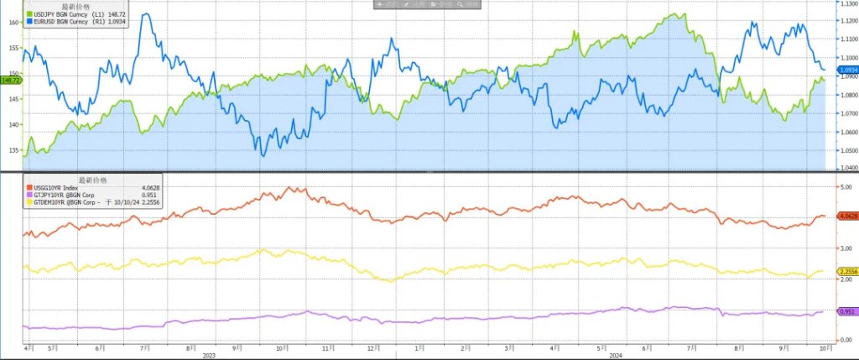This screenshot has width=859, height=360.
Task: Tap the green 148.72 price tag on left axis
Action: (10, 81)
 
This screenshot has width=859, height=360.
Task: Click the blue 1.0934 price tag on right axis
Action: (846, 69)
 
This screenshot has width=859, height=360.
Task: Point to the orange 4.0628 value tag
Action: (846, 217)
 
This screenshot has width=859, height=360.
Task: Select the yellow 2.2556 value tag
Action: (846, 271)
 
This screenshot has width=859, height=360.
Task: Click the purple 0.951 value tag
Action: (845, 311)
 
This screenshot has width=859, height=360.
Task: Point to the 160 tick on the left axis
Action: (13, 23)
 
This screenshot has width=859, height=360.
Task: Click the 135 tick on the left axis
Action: (13, 150)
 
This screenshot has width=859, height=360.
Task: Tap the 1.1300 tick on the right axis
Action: (846, 3)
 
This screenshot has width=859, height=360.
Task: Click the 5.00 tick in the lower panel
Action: (844, 186)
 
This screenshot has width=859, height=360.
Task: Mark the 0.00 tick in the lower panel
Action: (844, 340)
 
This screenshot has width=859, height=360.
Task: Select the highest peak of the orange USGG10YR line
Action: (293, 187)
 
